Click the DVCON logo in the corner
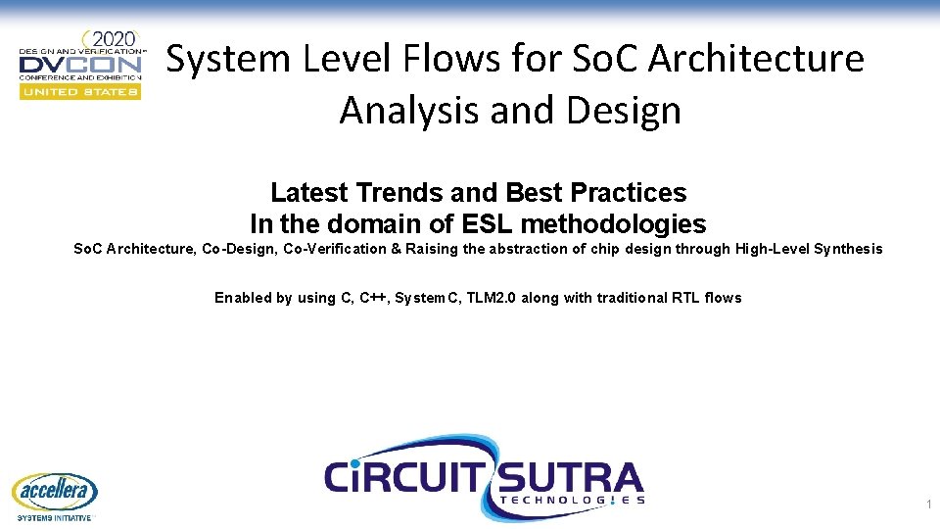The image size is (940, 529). coord(81,65)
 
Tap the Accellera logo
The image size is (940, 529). coord(55,493)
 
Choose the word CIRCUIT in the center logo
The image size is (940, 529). coord(401,479)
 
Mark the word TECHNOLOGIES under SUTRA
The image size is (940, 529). coord(573,500)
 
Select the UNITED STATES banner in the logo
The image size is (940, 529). coord(81,91)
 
